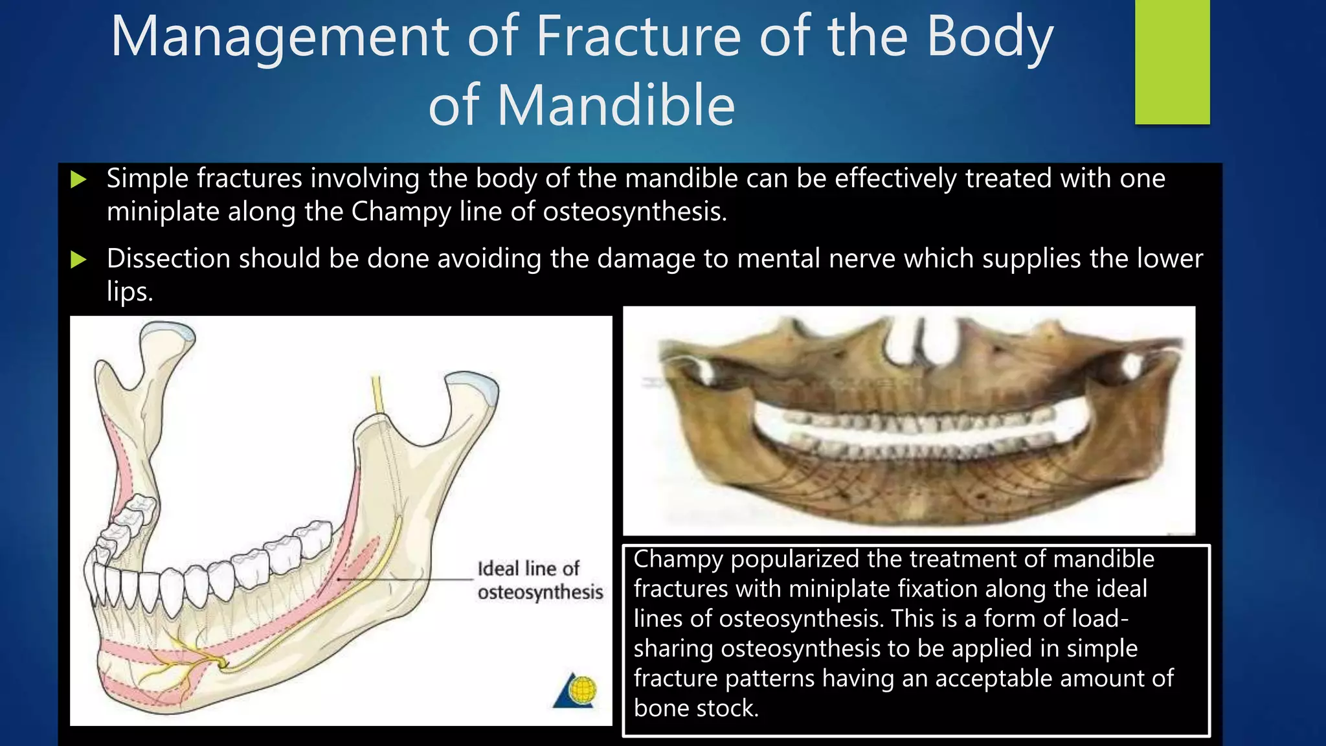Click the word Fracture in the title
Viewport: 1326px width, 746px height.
pos(638,37)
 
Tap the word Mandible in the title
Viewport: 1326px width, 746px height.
pos(616,106)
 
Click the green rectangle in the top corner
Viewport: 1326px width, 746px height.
pos(1172,62)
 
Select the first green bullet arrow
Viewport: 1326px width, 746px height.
pos(78,179)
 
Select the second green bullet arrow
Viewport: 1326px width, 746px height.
pos(78,260)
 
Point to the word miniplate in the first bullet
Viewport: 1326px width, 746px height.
pos(163,212)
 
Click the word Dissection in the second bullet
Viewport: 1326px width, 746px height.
pos(168,258)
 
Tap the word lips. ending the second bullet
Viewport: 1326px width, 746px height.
pos(129,291)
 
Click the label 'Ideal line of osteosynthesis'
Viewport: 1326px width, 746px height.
pos(539,580)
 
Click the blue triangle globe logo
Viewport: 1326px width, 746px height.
pos(576,690)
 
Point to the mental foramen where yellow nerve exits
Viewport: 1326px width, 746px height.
pos(223,663)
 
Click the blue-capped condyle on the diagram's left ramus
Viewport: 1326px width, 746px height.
pos(168,332)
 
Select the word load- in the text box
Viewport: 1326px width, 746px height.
pos(1100,619)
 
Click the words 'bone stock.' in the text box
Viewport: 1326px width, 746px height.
pos(696,708)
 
